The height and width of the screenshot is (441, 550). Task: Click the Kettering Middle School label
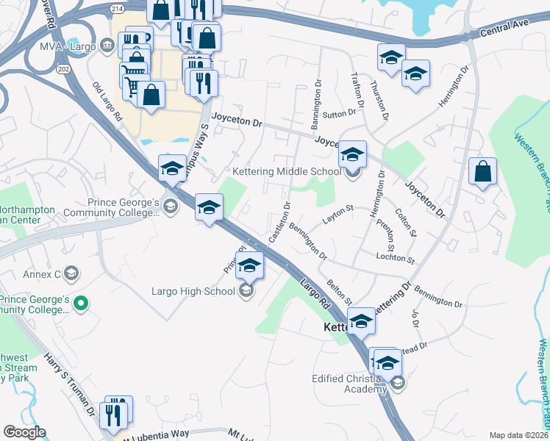coord(286,172)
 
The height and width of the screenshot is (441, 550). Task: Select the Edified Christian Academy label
coord(349,384)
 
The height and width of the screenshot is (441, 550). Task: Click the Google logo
coord(24,432)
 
